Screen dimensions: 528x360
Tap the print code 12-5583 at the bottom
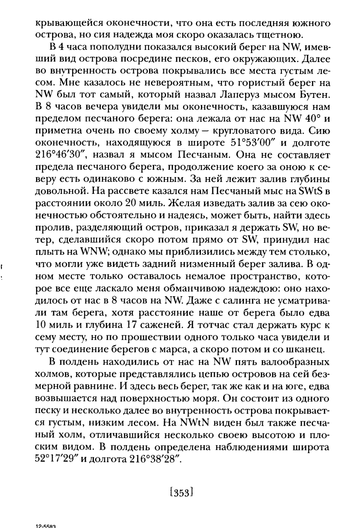46,526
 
